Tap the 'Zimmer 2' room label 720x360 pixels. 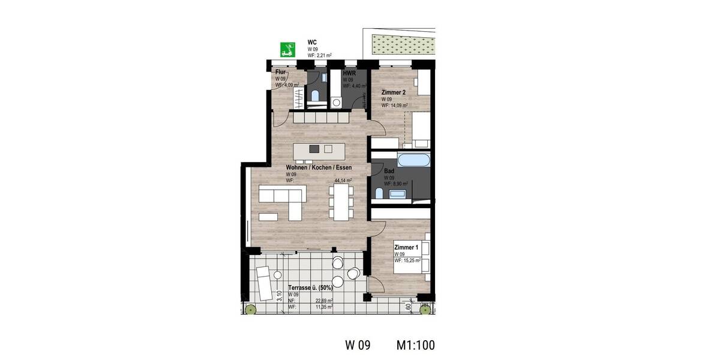pos(395,92)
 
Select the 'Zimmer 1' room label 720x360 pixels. pos(406,247)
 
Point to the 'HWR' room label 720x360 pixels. pos(349,73)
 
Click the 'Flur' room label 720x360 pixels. pos(281,72)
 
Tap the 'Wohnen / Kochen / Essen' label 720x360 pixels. pos(319,167)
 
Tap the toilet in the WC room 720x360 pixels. pos(316,94)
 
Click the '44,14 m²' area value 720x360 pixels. pos(343,180)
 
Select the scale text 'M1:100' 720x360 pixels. pos(415,345)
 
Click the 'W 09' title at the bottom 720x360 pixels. pos(358,345)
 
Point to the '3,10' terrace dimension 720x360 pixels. pos(280,295)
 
